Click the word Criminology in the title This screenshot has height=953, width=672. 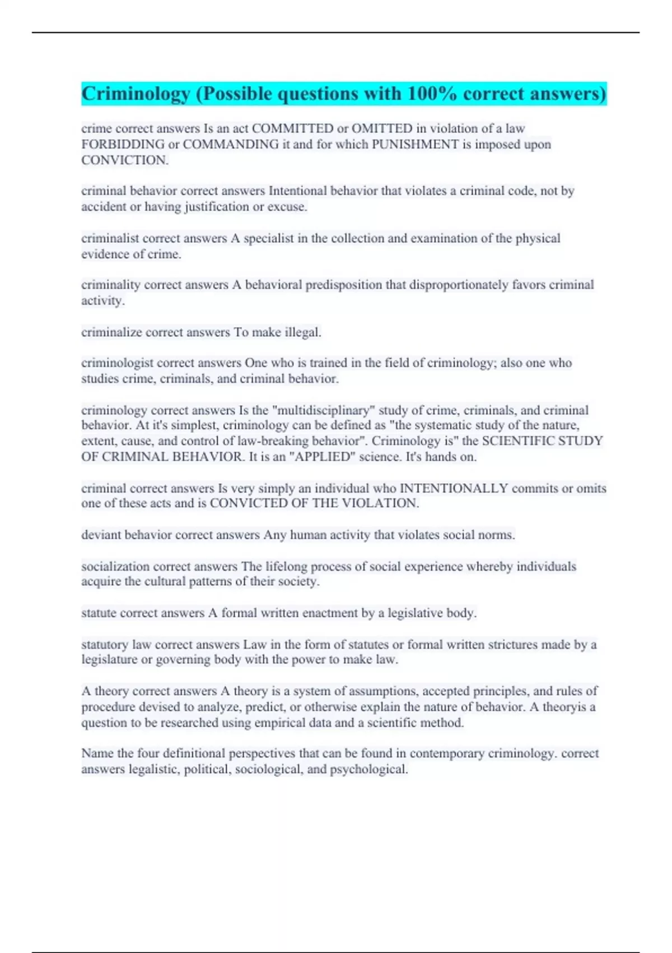(136, 94)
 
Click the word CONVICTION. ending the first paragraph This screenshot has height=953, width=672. (125, 160)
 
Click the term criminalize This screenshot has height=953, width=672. (111, 332)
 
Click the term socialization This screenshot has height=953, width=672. (115, 566)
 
